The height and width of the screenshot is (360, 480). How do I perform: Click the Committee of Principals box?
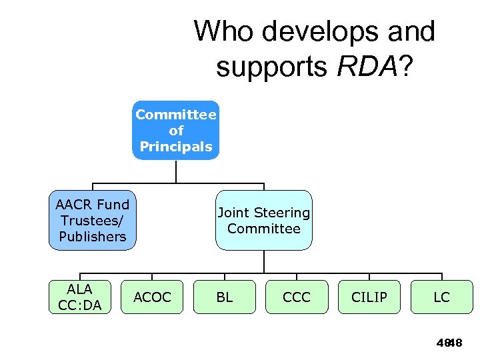tap(175, 131)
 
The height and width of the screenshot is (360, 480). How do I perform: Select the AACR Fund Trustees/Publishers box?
tap(92, 221)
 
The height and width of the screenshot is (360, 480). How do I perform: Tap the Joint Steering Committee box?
tap(263, 221)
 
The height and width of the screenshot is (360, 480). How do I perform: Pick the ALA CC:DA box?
tap(79, 297)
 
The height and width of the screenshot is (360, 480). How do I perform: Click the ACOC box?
tap(152, 297)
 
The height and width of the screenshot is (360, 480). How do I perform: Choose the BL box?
tap(225, 297)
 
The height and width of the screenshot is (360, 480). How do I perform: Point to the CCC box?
tap(297, 297)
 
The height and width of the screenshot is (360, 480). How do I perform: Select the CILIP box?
tap(369, 297)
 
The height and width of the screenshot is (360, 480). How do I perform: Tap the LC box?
tap(441, 297)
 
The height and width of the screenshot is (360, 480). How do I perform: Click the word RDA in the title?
tap(365, 67)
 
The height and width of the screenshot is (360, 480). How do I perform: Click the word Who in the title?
tap(225, 31)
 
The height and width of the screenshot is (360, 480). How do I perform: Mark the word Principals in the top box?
tap(175, 147)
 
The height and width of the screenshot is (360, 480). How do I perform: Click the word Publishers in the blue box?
tap(92, 237)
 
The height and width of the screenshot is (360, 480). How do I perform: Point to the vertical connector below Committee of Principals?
tap(175, 171)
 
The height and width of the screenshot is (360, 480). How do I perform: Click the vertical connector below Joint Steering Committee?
tap(263, 261)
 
